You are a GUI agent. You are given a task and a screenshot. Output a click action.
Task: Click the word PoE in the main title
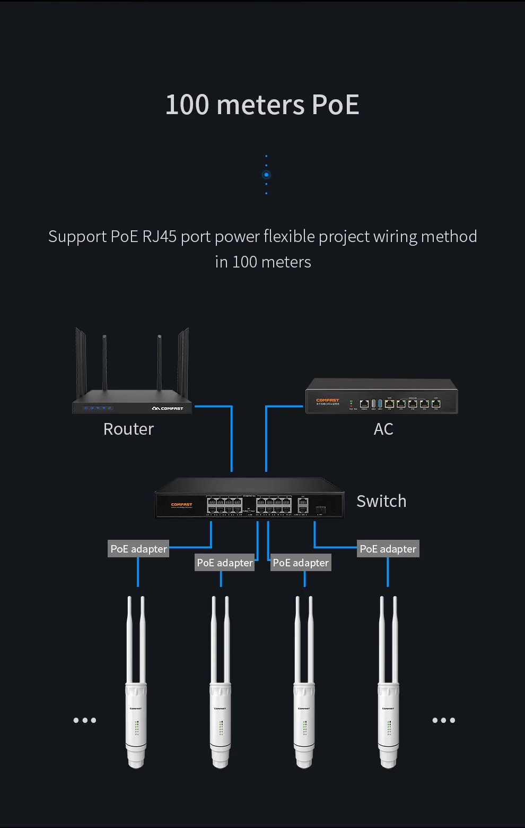[x=335, y=105]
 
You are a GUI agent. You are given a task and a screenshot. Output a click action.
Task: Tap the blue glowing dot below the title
[x=266, y=175]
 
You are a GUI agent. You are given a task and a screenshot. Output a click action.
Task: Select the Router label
[x=128, y=429]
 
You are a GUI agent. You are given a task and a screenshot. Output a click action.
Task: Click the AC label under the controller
[x=383, y=429]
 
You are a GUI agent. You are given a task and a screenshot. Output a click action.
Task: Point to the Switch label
[x=381, y=501]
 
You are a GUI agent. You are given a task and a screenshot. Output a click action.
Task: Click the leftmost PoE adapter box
[x=138, y=549]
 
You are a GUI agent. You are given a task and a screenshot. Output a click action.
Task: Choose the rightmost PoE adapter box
[x=388, y=549]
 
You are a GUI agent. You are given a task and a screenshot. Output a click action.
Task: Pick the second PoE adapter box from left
[x=225, y=563]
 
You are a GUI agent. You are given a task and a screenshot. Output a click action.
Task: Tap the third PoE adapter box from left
[x=301, y=563]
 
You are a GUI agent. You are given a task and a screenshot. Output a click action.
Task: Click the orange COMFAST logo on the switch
[x=181, y=505]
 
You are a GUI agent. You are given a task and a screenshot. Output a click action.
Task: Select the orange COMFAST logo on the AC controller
[x=327, y=400]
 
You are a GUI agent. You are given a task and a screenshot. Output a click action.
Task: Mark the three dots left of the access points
[x=85, y=720]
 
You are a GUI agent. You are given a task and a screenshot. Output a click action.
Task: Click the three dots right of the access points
[x=443, y=720]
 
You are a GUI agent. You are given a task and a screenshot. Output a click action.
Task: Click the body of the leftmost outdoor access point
[x=136, y=722]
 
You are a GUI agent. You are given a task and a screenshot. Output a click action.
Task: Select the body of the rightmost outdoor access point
[x=388, y=722]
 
